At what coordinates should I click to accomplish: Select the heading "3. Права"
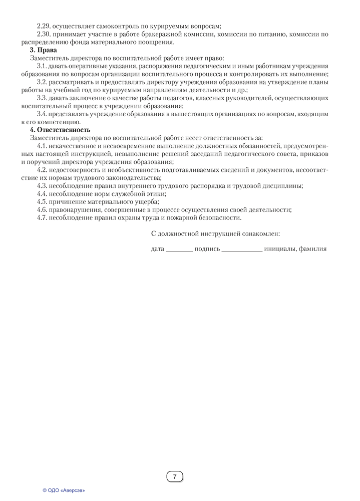point(44,50)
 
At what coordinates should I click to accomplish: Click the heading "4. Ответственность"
point(60,130)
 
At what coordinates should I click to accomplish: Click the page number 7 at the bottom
point(175,476)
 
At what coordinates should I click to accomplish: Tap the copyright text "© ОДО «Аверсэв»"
point(64,490)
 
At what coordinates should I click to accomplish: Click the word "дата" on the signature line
point(158,248)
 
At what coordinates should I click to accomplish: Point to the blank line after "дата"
point(179,249)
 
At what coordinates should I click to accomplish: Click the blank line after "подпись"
point(242,249)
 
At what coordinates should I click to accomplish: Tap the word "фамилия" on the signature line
point(313,248)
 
